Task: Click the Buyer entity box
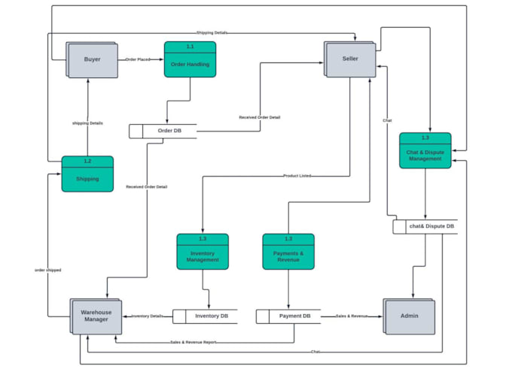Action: [x=92, y=59]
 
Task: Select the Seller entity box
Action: [x=350, y=59]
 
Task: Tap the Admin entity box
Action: [x=409, y=316]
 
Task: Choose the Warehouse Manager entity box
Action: [x=96, y=316]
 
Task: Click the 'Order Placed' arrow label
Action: [x=138, y=59]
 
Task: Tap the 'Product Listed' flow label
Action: [x=297, y=176]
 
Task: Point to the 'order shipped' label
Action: [x=48, y=270]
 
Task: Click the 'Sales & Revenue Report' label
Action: [x=193, y=343]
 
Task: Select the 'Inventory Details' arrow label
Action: [x=147, y=316]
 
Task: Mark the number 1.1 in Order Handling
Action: [x=190, y=47]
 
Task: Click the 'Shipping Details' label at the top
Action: [x=212, y=33]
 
